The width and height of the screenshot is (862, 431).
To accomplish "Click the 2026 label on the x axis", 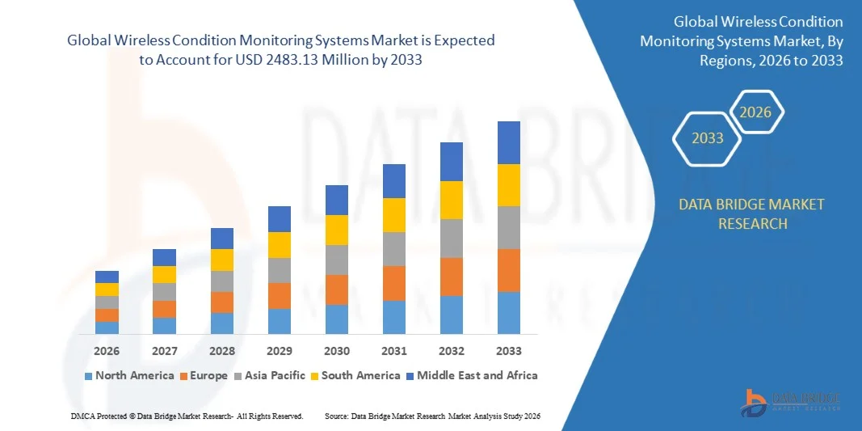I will [107, 351].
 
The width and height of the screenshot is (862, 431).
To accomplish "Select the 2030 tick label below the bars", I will [337, 351].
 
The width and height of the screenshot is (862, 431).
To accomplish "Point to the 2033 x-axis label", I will [509, 351].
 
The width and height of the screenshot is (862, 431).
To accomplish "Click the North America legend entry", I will [129, 375].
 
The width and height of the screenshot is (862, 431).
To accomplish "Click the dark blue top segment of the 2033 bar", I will [509, 142].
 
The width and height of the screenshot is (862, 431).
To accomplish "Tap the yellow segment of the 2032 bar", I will [452, 200].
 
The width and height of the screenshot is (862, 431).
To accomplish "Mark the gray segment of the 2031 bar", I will [394, 249].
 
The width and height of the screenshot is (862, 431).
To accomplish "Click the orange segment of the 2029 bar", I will [280, 296].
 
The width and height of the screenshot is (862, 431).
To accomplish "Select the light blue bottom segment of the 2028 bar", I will [222, 323].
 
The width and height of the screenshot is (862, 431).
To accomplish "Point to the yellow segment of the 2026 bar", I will [107, 289].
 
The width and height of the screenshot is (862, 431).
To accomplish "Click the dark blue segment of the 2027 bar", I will [164, 257].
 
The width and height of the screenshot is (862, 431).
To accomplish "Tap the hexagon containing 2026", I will [756, 113].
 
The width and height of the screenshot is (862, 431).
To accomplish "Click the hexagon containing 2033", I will [708, 138].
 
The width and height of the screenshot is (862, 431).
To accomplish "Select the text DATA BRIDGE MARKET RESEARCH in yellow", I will [752, 213].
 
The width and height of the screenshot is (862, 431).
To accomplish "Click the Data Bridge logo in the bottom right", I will [791, 401].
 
